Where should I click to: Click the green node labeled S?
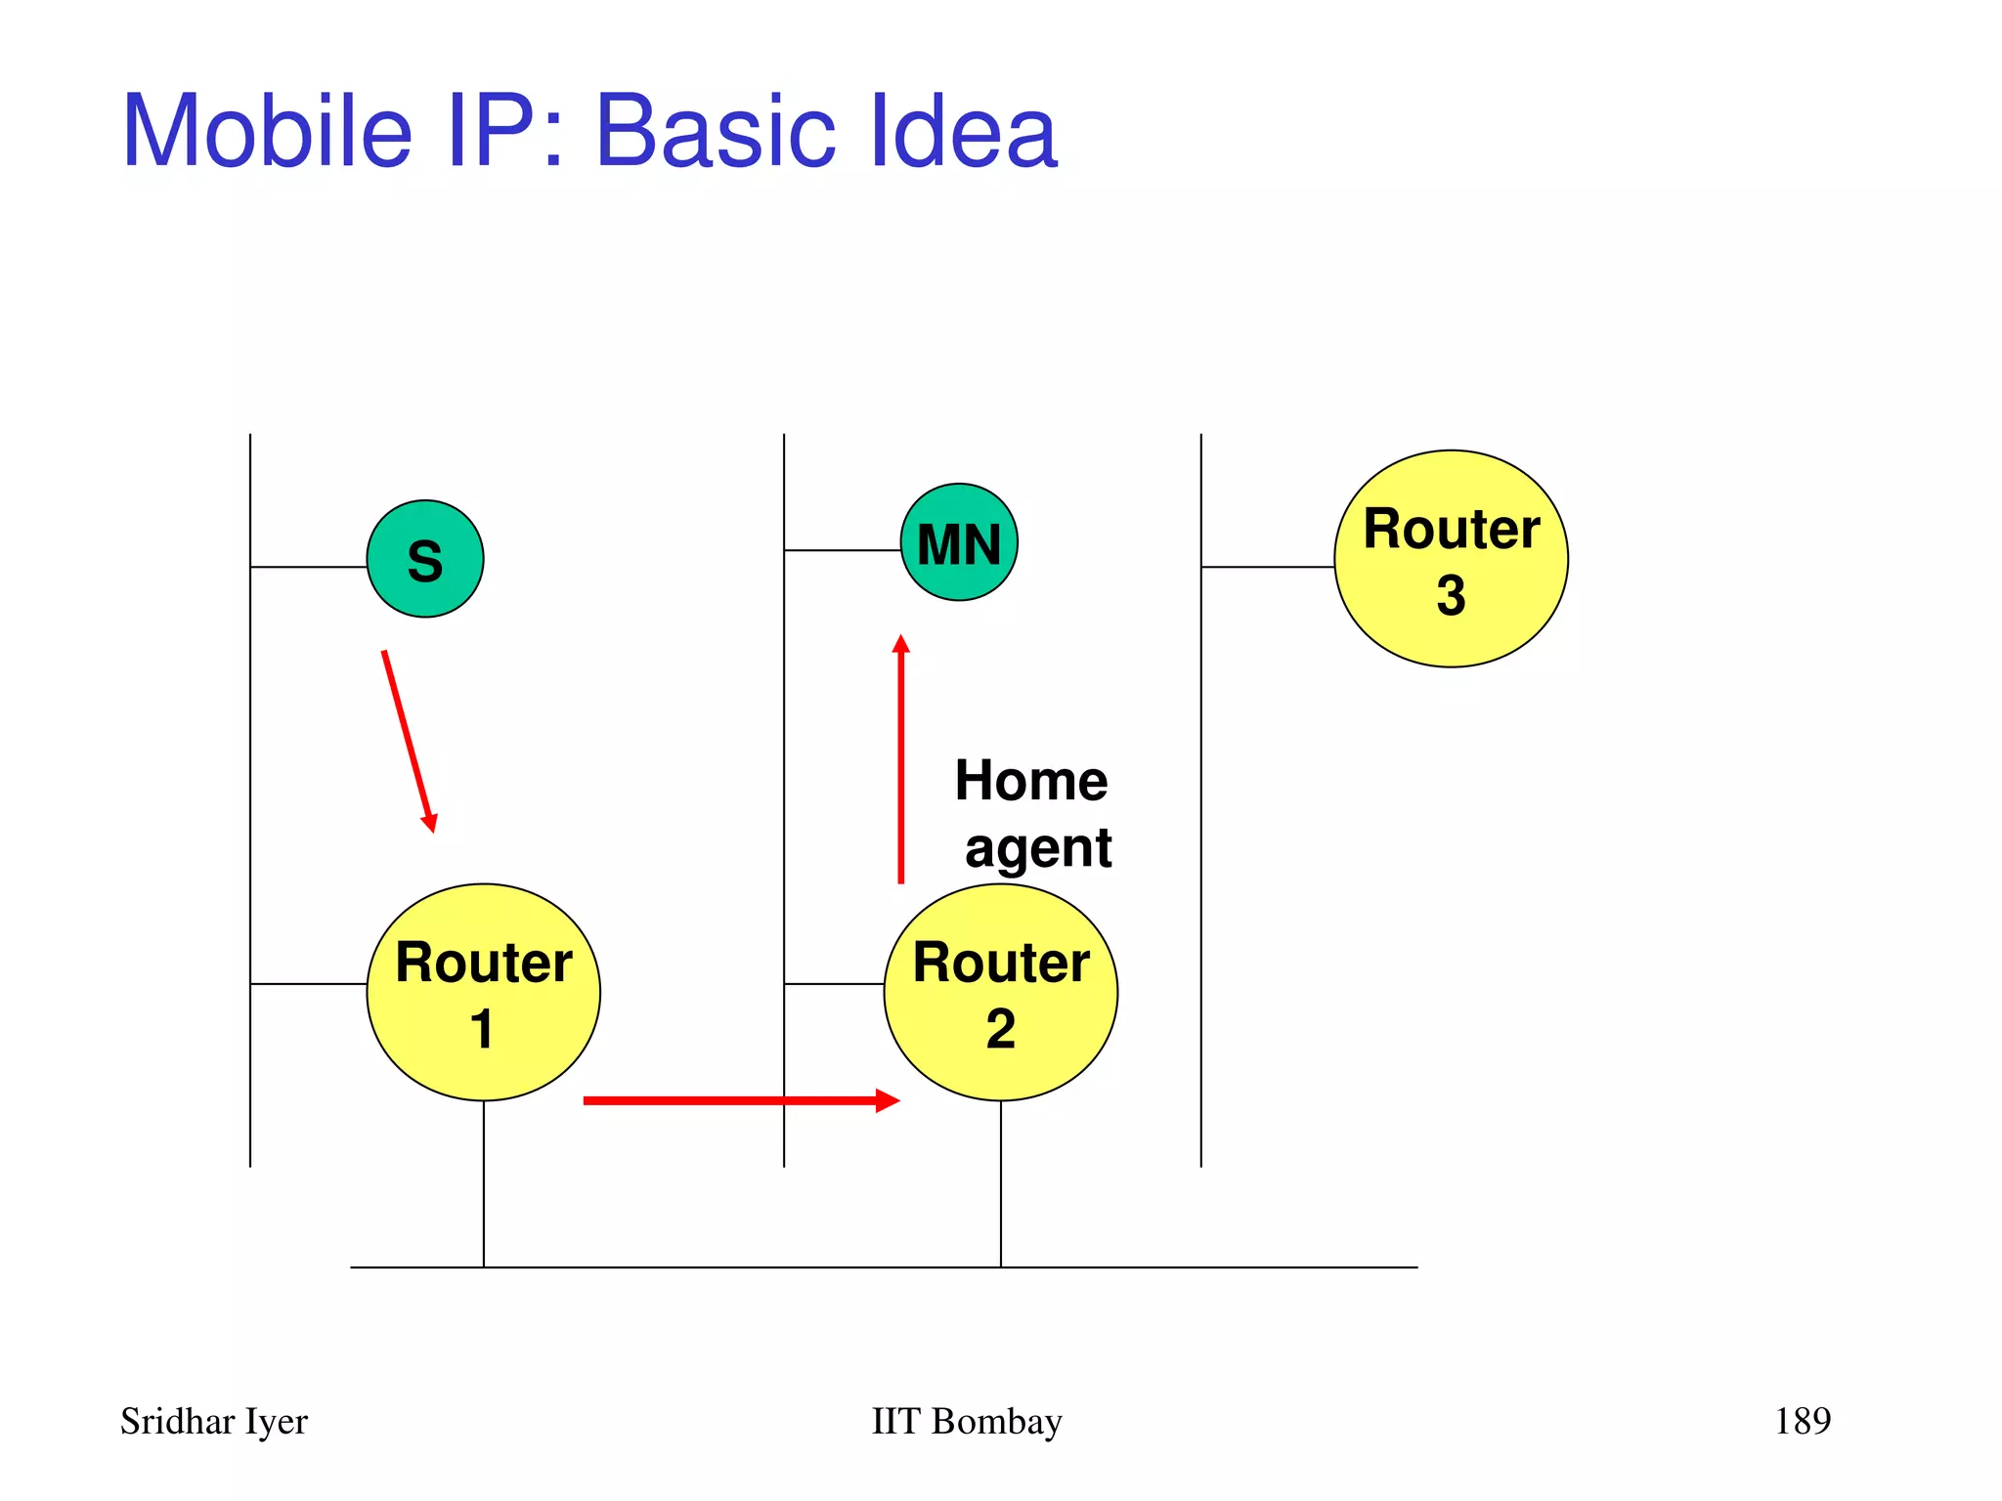pos(424,559)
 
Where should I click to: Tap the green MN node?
pos(958,542)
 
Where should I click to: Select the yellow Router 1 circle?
pos(483,992)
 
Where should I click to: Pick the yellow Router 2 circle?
pos(1000,992)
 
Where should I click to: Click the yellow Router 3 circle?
pos(1451,559)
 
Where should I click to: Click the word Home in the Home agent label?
pos(1030,781)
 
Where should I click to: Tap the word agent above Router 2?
pos(1037,847)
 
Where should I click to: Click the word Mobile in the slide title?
pos(267,131)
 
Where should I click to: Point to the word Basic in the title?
pos(716,131)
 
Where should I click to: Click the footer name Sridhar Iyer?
pos(213,1421)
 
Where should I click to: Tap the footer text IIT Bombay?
pos(966,1421)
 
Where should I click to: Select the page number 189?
pos(1802,1421)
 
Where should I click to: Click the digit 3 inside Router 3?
pos(1451,595)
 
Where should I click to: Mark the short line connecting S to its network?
pos(308,567)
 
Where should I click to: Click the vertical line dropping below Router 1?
pos(483,1183)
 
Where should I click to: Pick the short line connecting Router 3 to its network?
pos(1267,567)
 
